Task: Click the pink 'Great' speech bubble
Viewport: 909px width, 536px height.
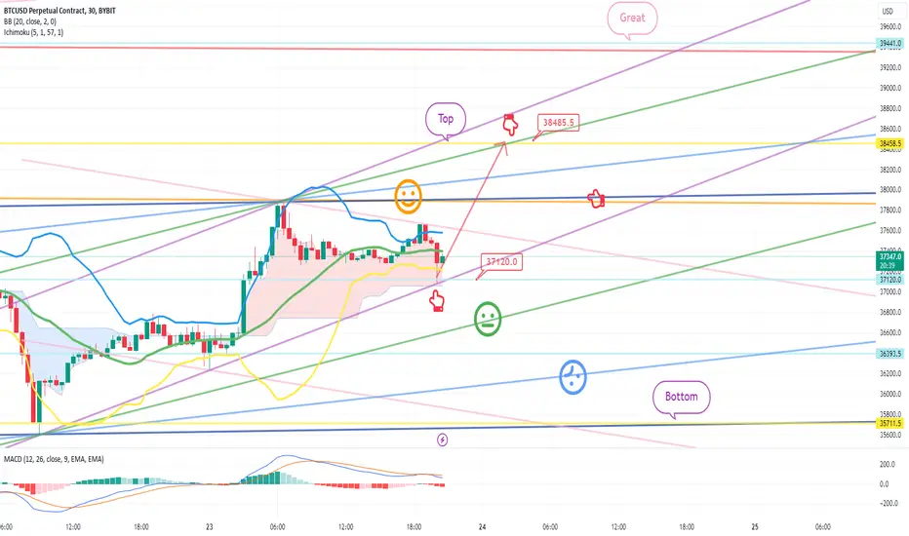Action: (x=632, y=18)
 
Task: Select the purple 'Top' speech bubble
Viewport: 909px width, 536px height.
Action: (x=445, y=119)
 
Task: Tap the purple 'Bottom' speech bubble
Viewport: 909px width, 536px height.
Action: (x=681, y=397)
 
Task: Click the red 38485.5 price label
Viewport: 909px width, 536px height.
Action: (x=558, y=123)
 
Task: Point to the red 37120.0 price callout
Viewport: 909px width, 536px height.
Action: (x=501, y=262)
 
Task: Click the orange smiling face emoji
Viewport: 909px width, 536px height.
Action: (x=408, y=196)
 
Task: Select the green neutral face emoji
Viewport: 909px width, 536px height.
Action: (x=488, y=319)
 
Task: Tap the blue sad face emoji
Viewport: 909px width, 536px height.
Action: (x=573, y=377)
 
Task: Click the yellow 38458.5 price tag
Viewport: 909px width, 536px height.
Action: (x=889, y=143)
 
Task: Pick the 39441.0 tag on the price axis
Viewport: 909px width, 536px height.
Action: (x=889, y=44)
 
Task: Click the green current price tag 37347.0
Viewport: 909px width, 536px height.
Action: (x=889, y=260)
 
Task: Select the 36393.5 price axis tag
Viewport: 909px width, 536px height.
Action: (x=889, y=354)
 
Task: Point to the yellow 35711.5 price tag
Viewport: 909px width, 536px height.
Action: (x=889, y=424)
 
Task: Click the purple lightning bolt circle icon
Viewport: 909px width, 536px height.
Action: (x=443, y=440)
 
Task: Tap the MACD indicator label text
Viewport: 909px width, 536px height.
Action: (x=54, y=460)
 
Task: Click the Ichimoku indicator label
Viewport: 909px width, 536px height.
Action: (x=33, y=32)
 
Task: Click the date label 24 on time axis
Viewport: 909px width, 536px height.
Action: (x=483, y=526)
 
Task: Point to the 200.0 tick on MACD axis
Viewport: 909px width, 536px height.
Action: (x=888, y=465)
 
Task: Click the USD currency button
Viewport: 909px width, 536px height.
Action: (x=888, y=11)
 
